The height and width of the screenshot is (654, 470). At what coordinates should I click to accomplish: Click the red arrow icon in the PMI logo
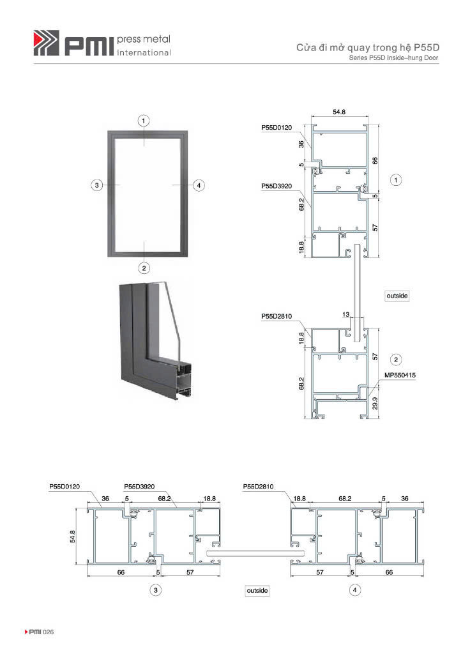[38, 40]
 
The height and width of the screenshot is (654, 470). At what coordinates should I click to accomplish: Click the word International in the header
[144, 52]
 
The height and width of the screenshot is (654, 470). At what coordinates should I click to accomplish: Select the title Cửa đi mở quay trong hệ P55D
[368, 47]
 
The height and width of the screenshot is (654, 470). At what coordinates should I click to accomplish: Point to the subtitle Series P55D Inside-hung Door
[393, 58]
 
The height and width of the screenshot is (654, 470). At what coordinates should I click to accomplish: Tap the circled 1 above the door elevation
[144, 121]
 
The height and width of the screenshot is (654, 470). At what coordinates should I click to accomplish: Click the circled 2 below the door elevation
[144, 268]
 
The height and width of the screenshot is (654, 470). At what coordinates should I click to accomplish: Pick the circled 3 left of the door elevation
[97, 185]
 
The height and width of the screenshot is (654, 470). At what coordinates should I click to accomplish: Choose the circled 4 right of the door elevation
[199, 185]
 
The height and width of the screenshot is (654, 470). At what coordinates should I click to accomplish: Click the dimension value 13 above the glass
[346, 314]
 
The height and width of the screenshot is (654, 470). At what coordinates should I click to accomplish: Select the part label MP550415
[400, 375]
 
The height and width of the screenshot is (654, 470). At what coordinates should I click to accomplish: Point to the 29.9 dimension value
[375, 404]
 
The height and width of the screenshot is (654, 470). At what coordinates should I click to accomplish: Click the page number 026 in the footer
[49, 632]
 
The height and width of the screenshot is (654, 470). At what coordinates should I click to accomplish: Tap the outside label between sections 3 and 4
[257, 591]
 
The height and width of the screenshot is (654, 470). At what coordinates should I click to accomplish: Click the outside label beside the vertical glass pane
[397, 296]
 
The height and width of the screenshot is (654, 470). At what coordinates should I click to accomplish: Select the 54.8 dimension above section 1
[339, 112]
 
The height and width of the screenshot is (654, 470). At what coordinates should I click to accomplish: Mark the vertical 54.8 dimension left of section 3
[73, 536]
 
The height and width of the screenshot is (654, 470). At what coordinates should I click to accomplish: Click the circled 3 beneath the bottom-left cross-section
[156, 590]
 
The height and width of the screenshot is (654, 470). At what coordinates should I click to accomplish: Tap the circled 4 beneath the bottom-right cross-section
[355, 589]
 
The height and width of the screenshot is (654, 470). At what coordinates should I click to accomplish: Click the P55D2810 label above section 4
[258, 486]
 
